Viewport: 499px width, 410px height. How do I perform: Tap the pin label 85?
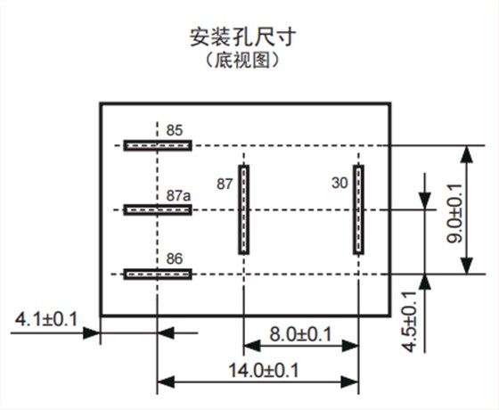pos(175,129)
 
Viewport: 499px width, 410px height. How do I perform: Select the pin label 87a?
pos(178,194)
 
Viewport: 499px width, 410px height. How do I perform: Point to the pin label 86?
pos(175,258)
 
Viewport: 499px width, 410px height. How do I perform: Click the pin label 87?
pos(225,184)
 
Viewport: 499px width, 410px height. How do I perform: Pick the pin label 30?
pos(339,184)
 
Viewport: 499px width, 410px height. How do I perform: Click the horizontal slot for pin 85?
pos(157,144)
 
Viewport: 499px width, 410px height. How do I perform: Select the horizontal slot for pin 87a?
pos(157,209)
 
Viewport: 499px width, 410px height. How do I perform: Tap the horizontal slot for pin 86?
pos(157,274)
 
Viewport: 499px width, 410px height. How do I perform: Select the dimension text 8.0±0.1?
pos(300,334)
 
